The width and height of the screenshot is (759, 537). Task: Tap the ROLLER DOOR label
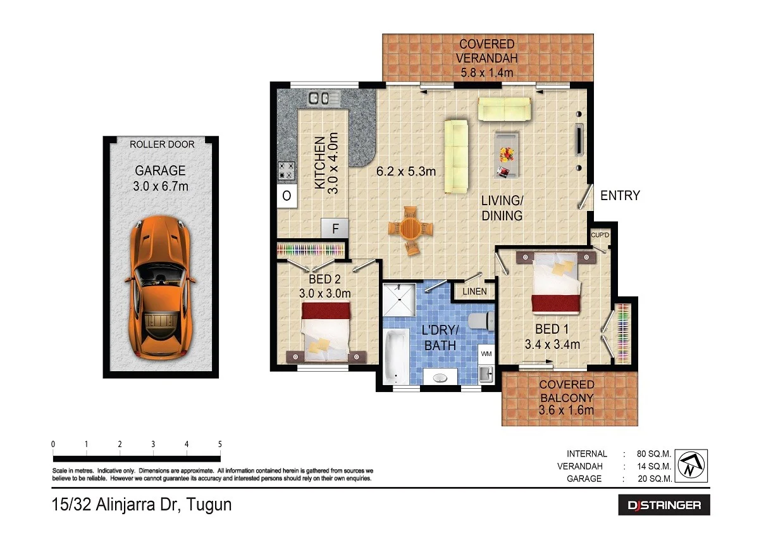tap(162, 144)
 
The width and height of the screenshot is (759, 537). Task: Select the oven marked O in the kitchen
tap(287, 196)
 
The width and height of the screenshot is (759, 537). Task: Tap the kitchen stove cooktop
tap(287, 170)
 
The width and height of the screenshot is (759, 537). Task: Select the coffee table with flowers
tap(507, 155)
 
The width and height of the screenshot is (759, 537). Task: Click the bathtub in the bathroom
tap(395, 359)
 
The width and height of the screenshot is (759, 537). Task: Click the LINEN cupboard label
tap(474, 292)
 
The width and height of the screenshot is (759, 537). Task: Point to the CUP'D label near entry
tap(599, 236)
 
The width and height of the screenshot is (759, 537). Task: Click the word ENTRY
tap(620, 196)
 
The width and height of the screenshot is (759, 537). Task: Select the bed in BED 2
tap(326, 332)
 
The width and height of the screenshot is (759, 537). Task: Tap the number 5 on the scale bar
tap(220, 444)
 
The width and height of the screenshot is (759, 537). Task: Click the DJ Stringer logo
tap(664, 505)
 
